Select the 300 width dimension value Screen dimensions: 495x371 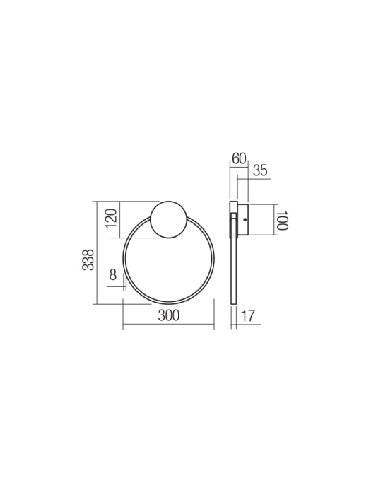pos(168,315)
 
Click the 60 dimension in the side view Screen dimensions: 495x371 pos(239,159)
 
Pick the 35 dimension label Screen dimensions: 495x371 pos(260,170)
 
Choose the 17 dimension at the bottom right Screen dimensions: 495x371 pos(247,316)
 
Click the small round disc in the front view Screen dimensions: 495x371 pos(169,219)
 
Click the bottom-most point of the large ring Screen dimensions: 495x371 pos(168,304)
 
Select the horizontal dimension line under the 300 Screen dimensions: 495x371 pos(168,326)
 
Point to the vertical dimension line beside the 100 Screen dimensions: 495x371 pos(272,220)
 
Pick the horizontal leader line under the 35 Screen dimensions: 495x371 pos(254,180)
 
